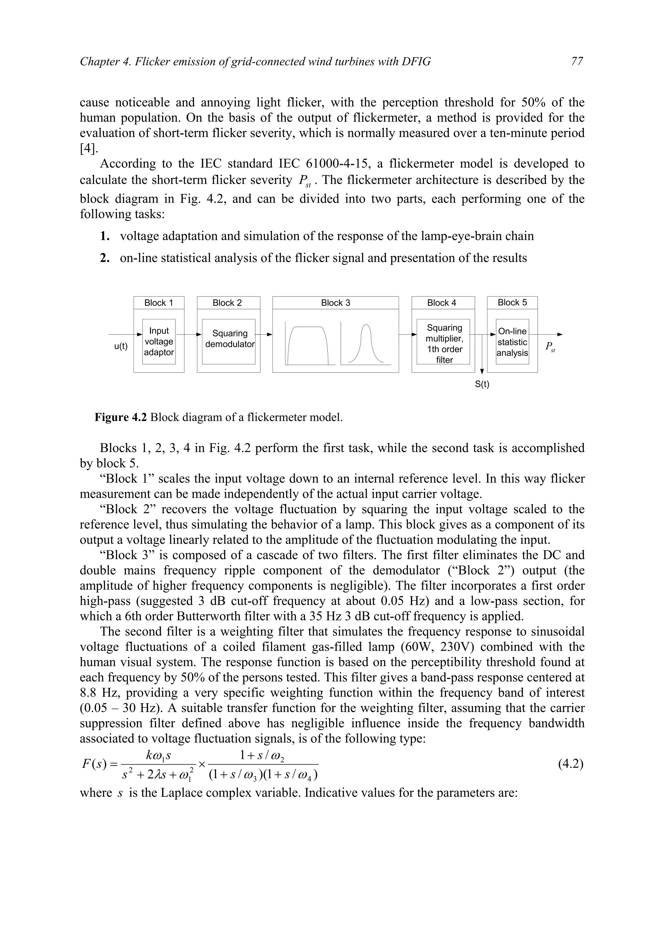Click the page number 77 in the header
(x=577, y=61)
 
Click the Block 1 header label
(x=158, y=303)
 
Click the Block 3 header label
(x=335, y=303)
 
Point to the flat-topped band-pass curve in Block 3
(x=307, y=344)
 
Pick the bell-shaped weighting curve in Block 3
(x=366, y=344)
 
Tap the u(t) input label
(x=121, y=346)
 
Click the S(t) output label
(x=482, y=384)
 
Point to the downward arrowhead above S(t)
(x=482, y=371)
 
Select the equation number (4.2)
(x=571, y=764)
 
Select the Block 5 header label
(x=512, y=303)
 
